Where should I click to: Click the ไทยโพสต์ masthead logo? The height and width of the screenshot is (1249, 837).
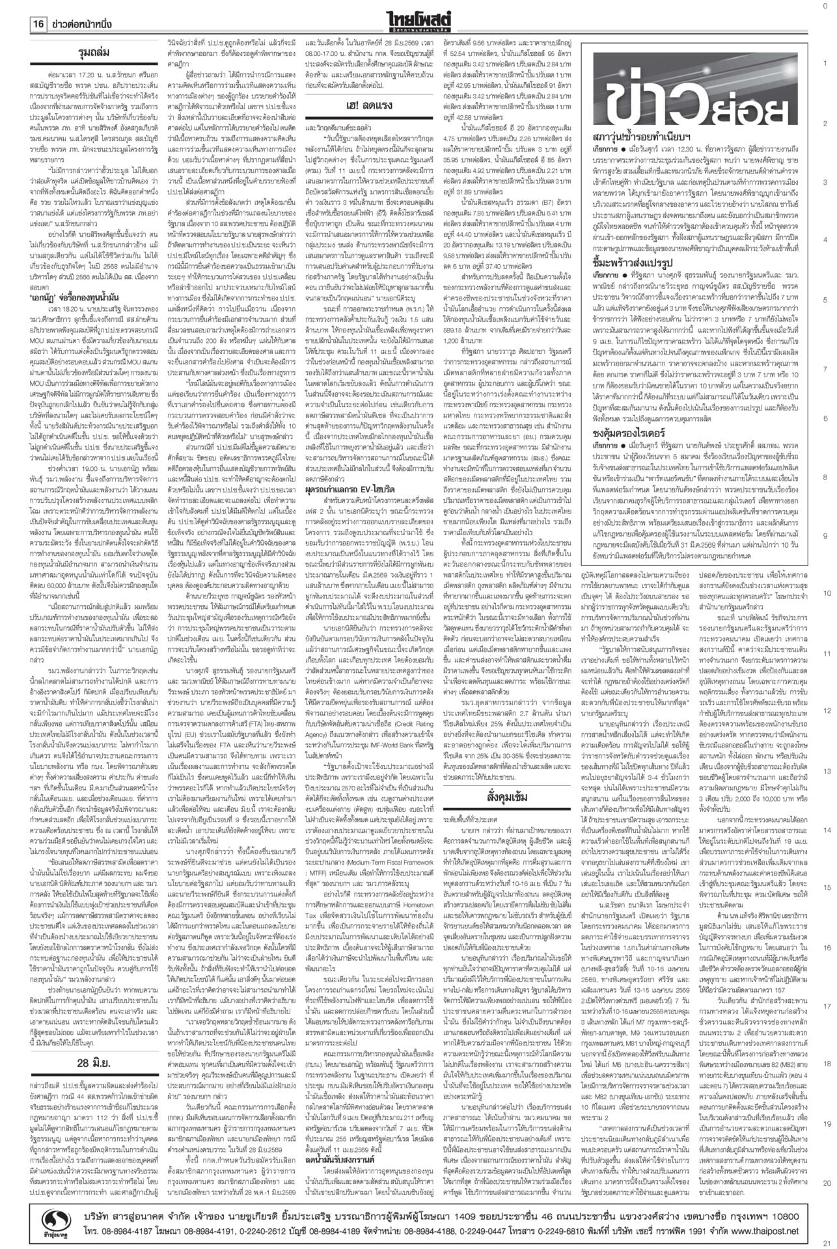418,14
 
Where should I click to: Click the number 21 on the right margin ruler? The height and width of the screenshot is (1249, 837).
825,1241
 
